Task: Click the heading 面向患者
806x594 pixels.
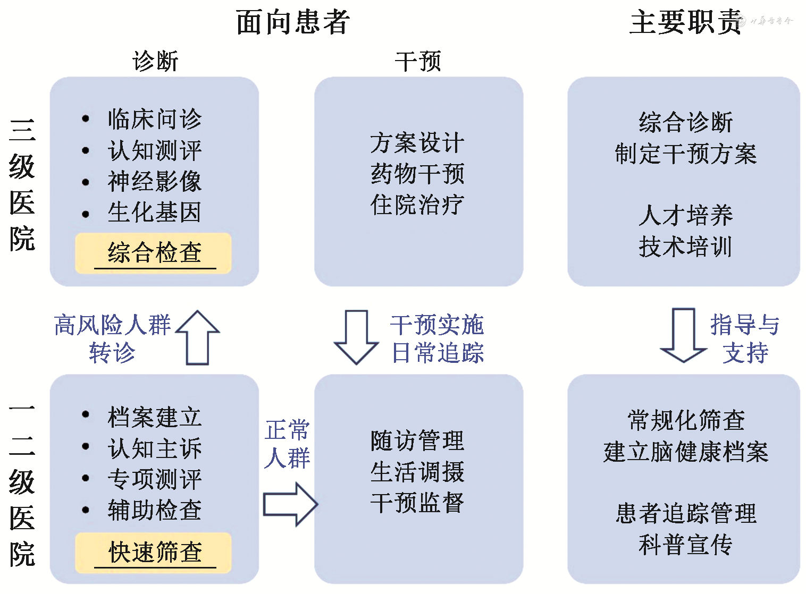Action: click(x=292, y=22)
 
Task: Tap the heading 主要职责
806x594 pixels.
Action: click(x=685, y=22)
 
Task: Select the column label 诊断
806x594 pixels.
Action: click(x=155, y=61)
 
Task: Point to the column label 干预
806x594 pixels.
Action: click(x=418, y=61)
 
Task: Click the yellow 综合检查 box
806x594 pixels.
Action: click(x=154, y=253)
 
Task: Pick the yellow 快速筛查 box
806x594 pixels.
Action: click(x=154, y=553)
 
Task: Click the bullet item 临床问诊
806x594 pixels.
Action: click(x=154, y=119)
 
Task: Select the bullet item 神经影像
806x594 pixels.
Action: click(x=154, y=181)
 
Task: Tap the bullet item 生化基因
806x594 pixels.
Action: click(x=154, y=213)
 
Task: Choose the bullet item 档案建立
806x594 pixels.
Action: click(x=154, y=417)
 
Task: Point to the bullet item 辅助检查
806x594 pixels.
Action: click(x=154, y=511)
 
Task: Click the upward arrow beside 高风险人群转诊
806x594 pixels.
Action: click(x=198, y=338)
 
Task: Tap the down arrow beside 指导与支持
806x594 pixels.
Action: click(x=684, y=335)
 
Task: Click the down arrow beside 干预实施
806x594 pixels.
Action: click(x=356, y=337)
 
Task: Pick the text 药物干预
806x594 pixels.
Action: click(x=417, y=174)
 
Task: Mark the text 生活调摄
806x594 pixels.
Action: click(x=417, y=472)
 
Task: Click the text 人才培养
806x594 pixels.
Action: click(x=685, y=216)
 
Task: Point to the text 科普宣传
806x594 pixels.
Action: click(x=685, y=545)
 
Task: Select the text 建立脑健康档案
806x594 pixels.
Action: click(x=685, y=452)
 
